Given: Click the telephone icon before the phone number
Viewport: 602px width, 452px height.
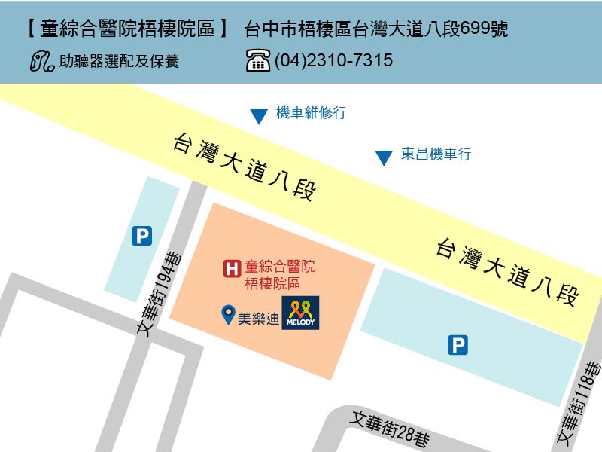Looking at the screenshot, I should point(258,60).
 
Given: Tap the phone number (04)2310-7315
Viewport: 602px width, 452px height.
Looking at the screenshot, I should point(333,60).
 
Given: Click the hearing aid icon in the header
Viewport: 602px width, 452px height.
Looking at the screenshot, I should point(42,61).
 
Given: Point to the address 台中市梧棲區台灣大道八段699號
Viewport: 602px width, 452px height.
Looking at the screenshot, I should point(376,30).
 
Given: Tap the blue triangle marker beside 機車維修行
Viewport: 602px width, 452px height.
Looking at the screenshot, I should point(259,117).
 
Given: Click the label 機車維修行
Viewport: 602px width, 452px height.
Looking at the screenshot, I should point(311,113).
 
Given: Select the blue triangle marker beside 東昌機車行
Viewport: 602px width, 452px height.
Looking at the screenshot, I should point(384,157).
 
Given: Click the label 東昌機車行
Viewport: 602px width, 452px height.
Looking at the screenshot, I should point(436,154).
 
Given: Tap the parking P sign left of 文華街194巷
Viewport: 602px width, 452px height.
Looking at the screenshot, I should point(141,237).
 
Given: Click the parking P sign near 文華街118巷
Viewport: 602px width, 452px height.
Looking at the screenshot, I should point(458,345).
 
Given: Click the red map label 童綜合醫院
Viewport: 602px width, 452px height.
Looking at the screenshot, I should point(280,267).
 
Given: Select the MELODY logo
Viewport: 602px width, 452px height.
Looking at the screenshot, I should point(301,313).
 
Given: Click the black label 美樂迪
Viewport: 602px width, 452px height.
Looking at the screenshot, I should point(258,319).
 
